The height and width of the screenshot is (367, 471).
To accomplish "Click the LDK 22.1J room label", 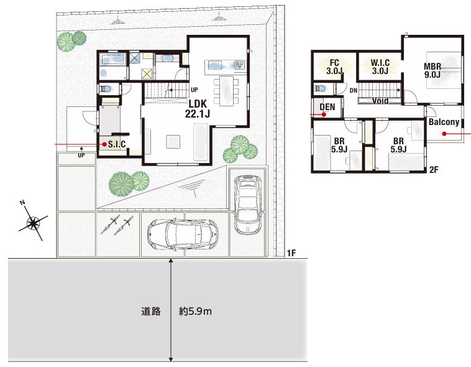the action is [198, 109].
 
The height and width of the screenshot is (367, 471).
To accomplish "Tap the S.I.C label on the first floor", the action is [117, 144].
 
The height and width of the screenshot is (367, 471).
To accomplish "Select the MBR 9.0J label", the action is [432, 70].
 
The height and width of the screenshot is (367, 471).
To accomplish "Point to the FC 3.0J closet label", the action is [334, 67].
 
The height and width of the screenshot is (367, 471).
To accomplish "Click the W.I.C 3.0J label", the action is [380, 67].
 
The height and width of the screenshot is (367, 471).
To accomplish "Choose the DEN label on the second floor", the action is [327, 107].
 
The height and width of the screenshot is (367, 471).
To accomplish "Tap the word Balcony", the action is [444, 122].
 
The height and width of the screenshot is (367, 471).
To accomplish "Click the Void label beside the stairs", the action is [380, 101].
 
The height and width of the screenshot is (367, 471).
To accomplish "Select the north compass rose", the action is [32, 223].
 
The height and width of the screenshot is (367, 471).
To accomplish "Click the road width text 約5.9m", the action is [195, 311].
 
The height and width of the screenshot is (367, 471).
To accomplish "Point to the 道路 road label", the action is [151, 311].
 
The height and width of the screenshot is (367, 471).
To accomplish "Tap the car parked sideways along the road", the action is [183, 235].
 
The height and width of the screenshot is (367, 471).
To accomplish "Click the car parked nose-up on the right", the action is [248, 204].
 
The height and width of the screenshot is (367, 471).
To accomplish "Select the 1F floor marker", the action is [291, 253].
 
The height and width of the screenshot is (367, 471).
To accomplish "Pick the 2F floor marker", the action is [434, 170].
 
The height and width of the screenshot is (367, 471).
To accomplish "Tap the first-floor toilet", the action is [106, 89].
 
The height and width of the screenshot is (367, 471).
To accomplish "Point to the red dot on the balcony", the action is [444, 134].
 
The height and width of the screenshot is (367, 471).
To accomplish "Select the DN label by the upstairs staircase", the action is [354, 90].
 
